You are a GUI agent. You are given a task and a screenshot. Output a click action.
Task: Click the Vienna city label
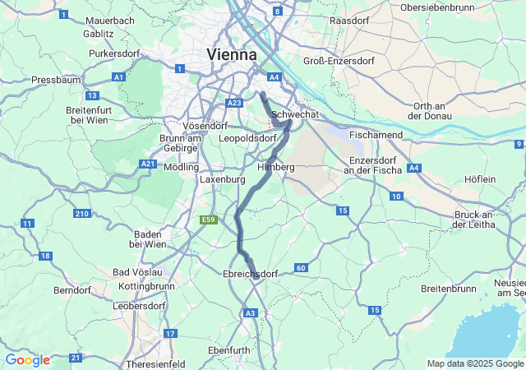pos(231,53)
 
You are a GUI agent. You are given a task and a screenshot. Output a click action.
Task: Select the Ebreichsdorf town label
pos(251,274)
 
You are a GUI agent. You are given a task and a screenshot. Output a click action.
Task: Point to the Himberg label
pos(276,167)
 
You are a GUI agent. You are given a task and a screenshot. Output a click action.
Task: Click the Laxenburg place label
pos(223,178)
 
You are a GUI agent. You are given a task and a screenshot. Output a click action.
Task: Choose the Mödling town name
pos(182,166)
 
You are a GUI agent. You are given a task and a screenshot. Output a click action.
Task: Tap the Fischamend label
pos(376,134)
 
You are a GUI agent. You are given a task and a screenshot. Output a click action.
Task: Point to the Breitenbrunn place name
pos(448,289)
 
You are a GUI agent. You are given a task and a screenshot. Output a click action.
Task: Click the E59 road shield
pos(208,220)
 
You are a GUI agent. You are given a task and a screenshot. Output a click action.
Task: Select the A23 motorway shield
pos(234,103)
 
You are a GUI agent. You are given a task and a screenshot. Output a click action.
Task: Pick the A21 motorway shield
pos(148,164)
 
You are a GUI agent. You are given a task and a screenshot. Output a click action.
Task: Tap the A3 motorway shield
pos(251,312)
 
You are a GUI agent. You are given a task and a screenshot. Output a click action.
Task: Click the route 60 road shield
pos(301,268)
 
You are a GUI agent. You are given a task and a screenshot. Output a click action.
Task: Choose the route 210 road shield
pos(81,214)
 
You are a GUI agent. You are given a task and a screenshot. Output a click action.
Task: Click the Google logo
pos(27,360)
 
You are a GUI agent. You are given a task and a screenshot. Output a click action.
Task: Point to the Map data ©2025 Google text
pos(475,363)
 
